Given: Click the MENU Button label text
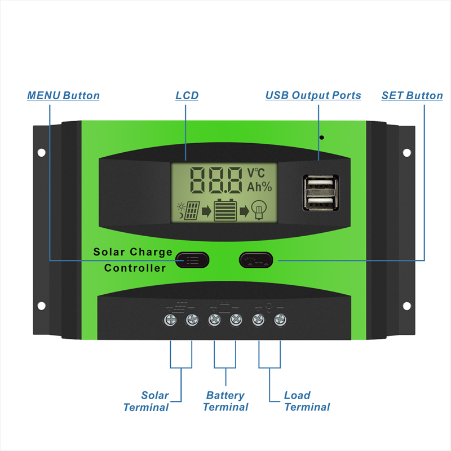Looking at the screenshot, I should [63, 96].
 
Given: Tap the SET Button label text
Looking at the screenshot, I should [412, 96].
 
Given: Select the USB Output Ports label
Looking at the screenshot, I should [313, 96].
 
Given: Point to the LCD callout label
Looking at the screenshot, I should [187, 96].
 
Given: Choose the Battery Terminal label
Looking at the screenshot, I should [225, 401].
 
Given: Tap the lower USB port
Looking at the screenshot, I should [320, 202].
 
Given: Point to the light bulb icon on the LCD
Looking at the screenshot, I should [259, 210].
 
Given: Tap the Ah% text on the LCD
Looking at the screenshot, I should [259, 187].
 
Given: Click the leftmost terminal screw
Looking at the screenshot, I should [170, 320].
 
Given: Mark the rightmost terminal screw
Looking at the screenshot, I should [280, 320].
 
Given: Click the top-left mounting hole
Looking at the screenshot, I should [41, 152].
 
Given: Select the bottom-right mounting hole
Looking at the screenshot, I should [406, 306].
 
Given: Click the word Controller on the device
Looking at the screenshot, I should [135, 268].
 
